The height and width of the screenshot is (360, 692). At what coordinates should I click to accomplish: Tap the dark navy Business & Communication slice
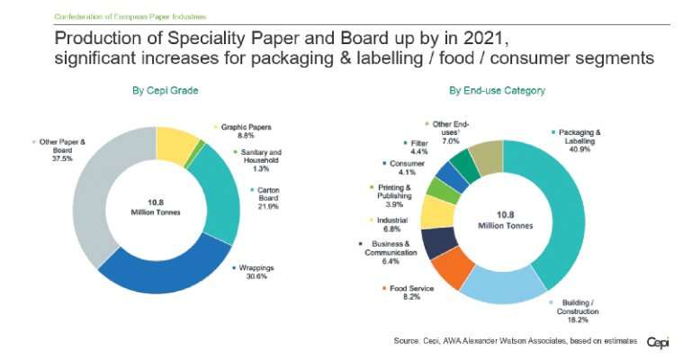(438, 241)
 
